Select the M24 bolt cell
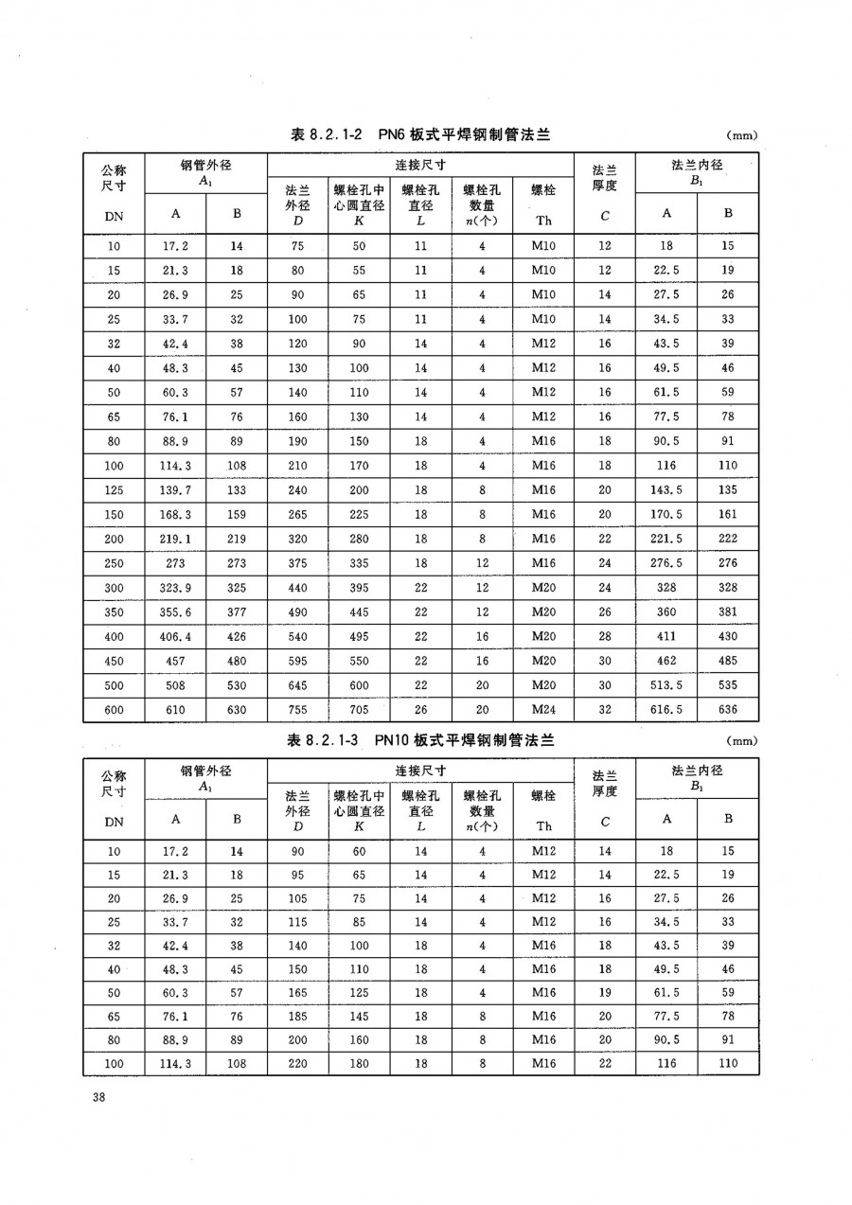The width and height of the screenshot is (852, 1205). coord(543,709)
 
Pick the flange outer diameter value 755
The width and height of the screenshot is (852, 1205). coord(297,709)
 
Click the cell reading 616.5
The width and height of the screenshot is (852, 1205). coord(666,709)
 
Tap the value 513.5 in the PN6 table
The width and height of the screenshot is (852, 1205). coord(666,684)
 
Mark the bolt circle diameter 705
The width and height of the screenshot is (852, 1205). coord(359,709)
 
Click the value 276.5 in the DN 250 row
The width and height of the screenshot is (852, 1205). coord(666,563)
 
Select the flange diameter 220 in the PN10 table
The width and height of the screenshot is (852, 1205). coord(297,1063)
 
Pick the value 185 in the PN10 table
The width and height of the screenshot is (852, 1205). coord(297,1015)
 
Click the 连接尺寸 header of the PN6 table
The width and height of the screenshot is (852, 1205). coord(421,164)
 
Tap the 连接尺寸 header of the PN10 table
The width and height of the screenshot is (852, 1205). coord(421,770)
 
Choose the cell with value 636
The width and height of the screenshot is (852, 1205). coord(728,709)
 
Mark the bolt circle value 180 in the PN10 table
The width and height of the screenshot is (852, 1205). coord(359,1063)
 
